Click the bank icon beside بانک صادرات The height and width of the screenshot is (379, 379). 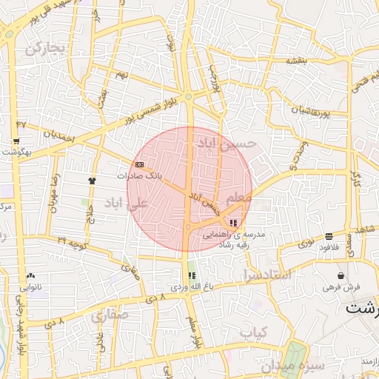click(140, 164)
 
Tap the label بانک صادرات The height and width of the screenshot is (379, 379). click(139, 177)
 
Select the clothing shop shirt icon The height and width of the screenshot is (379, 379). click(92, 180)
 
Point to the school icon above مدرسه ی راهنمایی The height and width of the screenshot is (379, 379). click(234, 223)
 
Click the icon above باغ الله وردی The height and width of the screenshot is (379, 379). click(192, 275)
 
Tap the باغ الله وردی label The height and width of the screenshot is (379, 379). click(186, 286)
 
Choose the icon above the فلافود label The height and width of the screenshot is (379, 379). click(329, 237)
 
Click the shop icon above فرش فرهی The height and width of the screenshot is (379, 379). click(341, 275)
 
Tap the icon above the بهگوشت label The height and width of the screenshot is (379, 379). click(16, 141)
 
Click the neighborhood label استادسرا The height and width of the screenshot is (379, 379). click(266, 275)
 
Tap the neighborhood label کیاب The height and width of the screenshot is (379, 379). click(253, 332)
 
